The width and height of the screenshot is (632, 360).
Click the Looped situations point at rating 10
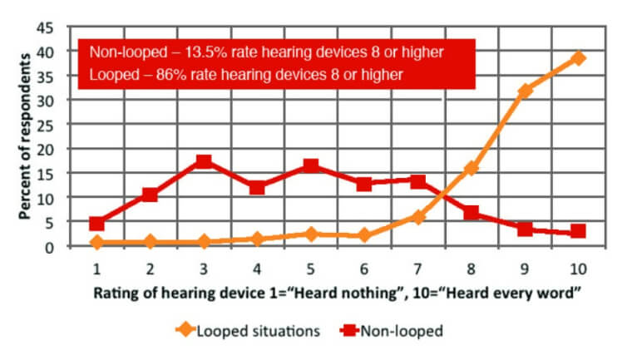point(578,58)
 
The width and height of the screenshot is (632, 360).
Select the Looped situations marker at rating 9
point(525,91)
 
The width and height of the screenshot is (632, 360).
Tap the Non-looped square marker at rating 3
point(204,161)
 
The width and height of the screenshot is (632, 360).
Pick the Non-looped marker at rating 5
point(311,166)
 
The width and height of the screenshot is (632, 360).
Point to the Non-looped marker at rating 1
point(97,224)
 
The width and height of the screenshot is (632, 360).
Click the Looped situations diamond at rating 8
point(472,168)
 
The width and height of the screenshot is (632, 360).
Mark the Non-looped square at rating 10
point(578,231)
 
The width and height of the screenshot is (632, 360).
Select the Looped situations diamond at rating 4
point(258,239)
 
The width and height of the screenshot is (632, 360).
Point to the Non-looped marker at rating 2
point(151,195)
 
